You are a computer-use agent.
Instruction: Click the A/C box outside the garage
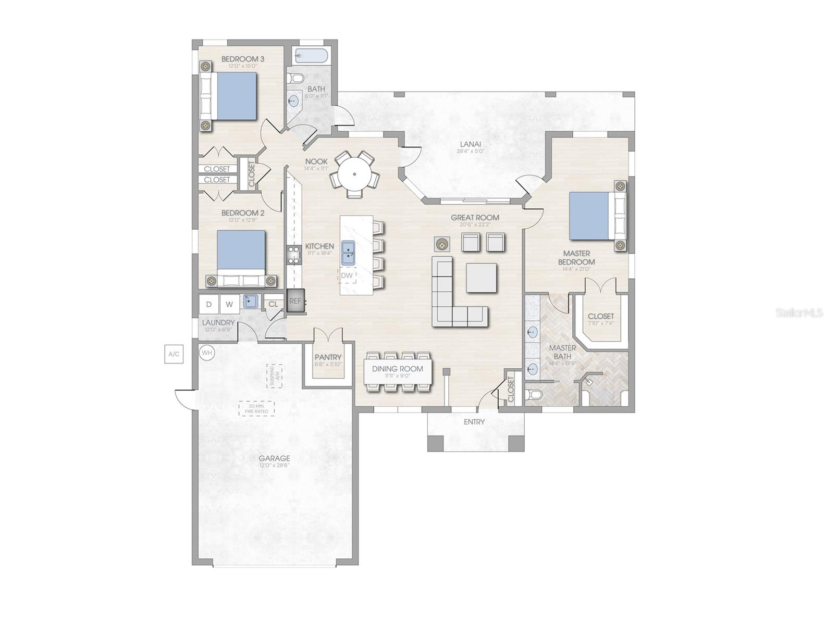174,354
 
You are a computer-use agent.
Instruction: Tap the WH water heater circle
207,353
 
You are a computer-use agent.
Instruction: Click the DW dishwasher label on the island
347,275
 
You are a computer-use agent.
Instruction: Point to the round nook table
354,173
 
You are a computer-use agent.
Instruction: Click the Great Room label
475,218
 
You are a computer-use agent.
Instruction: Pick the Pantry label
328,357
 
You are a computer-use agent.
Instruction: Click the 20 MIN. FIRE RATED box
257,408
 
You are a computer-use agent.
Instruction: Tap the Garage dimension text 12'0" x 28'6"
274,466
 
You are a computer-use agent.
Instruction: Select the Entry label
474,422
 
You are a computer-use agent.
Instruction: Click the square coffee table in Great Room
482,278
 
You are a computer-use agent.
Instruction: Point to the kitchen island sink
348,253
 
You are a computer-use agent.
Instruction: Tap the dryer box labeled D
209,304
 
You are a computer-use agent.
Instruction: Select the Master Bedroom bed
592,215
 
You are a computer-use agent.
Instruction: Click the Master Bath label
562,352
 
